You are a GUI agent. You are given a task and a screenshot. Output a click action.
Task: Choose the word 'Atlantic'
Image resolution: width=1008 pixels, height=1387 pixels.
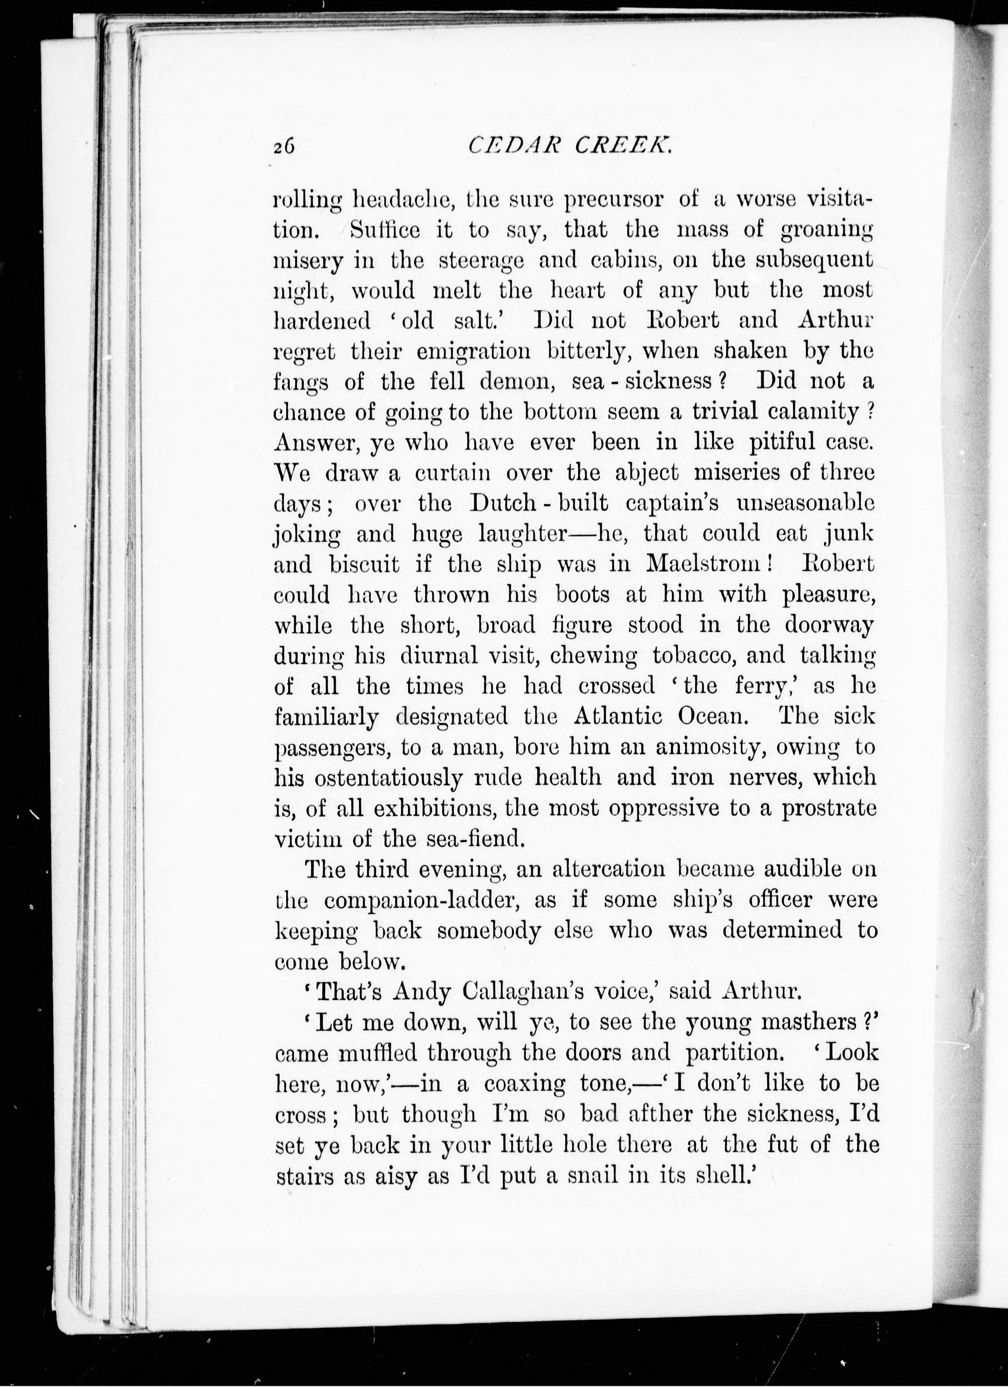pos(618,716)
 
